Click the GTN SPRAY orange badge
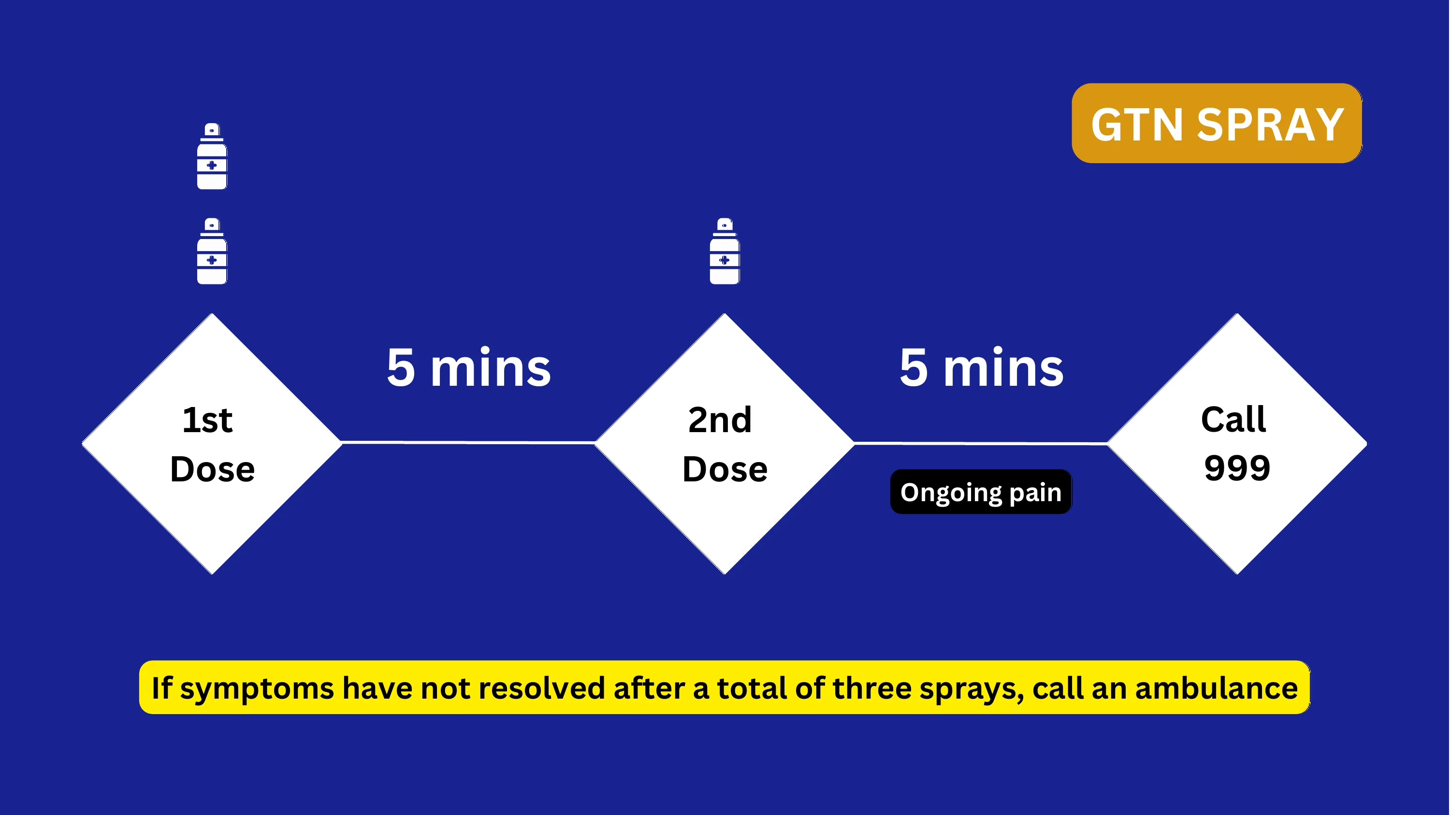point(1217,123)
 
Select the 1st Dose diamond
point(212,444)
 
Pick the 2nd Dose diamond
point(725,444)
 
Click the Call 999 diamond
point(1237,444)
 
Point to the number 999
point(1237,467)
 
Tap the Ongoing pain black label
point(981,492)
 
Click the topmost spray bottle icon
point(212,156)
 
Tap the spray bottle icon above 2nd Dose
point(725,251)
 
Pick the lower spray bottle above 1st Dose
point(212,251)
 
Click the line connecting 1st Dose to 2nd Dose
point(468,443)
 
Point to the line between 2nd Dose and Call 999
point(981,444)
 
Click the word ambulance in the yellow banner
point(1217,688)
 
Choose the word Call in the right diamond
point(1233,419)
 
